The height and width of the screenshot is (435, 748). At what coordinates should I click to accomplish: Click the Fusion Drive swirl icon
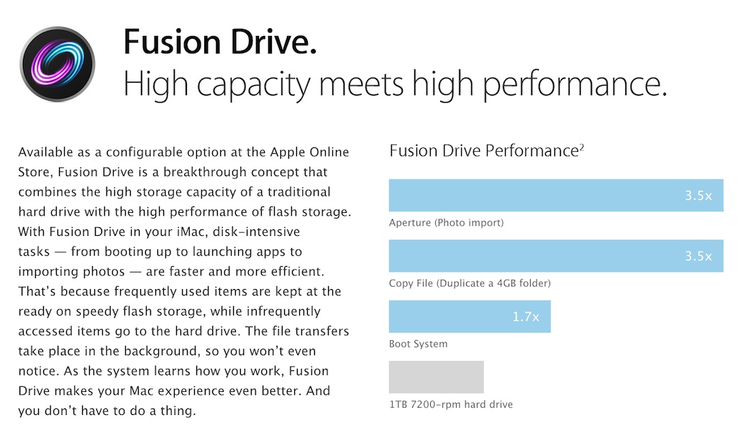58,64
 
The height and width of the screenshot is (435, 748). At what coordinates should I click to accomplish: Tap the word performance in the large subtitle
575,84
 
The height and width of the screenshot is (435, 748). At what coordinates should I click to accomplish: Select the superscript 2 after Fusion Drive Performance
582,148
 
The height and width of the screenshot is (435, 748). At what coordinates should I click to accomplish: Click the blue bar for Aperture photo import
556,195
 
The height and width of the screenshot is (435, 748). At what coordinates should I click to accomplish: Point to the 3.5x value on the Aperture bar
698,196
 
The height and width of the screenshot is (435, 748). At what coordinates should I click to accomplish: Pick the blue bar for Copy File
556,256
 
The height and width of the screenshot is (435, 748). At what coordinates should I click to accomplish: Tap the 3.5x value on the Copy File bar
698,256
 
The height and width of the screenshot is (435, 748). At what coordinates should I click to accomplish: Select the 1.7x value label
526,316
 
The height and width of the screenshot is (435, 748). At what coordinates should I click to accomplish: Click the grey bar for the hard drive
436,377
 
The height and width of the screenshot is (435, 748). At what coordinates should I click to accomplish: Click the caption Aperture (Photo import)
446,223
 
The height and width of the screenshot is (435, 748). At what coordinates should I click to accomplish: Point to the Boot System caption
419,344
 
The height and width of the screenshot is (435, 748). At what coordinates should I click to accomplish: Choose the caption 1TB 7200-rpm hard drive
451,405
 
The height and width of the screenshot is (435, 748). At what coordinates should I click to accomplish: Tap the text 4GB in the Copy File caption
506,283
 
